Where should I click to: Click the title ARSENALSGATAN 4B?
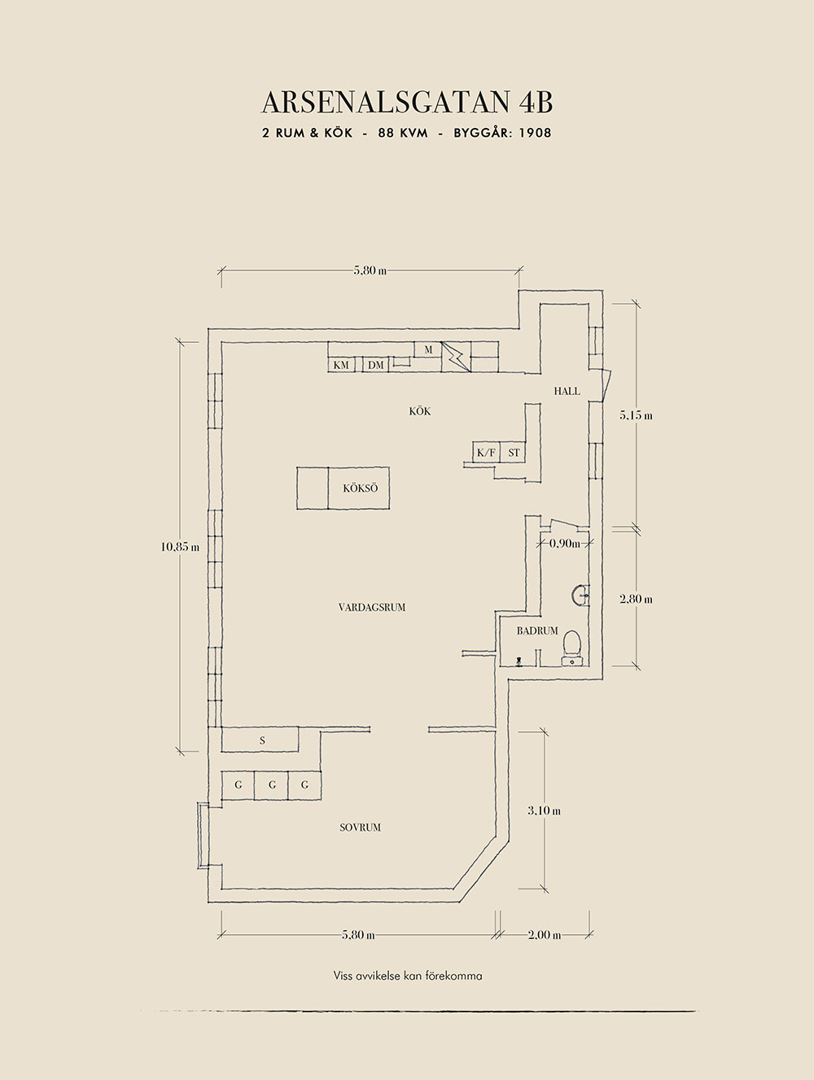coord(407,103)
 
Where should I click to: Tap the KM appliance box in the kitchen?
coord(342,365)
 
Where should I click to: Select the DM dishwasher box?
coord(375,365)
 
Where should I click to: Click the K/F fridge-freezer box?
coord(486,452)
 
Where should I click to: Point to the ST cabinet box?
coord(514,452)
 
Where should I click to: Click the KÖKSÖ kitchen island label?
coord(360,489)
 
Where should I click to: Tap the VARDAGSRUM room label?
coord(372,607)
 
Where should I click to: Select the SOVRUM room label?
coord(360,828)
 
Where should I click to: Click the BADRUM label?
coord(537,630)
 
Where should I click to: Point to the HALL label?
coord(567,391)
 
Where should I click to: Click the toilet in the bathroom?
coord(572,643)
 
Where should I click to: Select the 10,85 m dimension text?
coord(180,547)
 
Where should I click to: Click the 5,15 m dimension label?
coord(636,415)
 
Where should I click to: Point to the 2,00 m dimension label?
coord(545,935)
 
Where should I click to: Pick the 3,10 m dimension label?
coord(544,810)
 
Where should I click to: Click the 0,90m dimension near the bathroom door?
coord(564,543)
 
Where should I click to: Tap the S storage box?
coord(262,740)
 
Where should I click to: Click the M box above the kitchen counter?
coord(427,349)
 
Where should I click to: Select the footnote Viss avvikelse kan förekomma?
coord(408,975)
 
